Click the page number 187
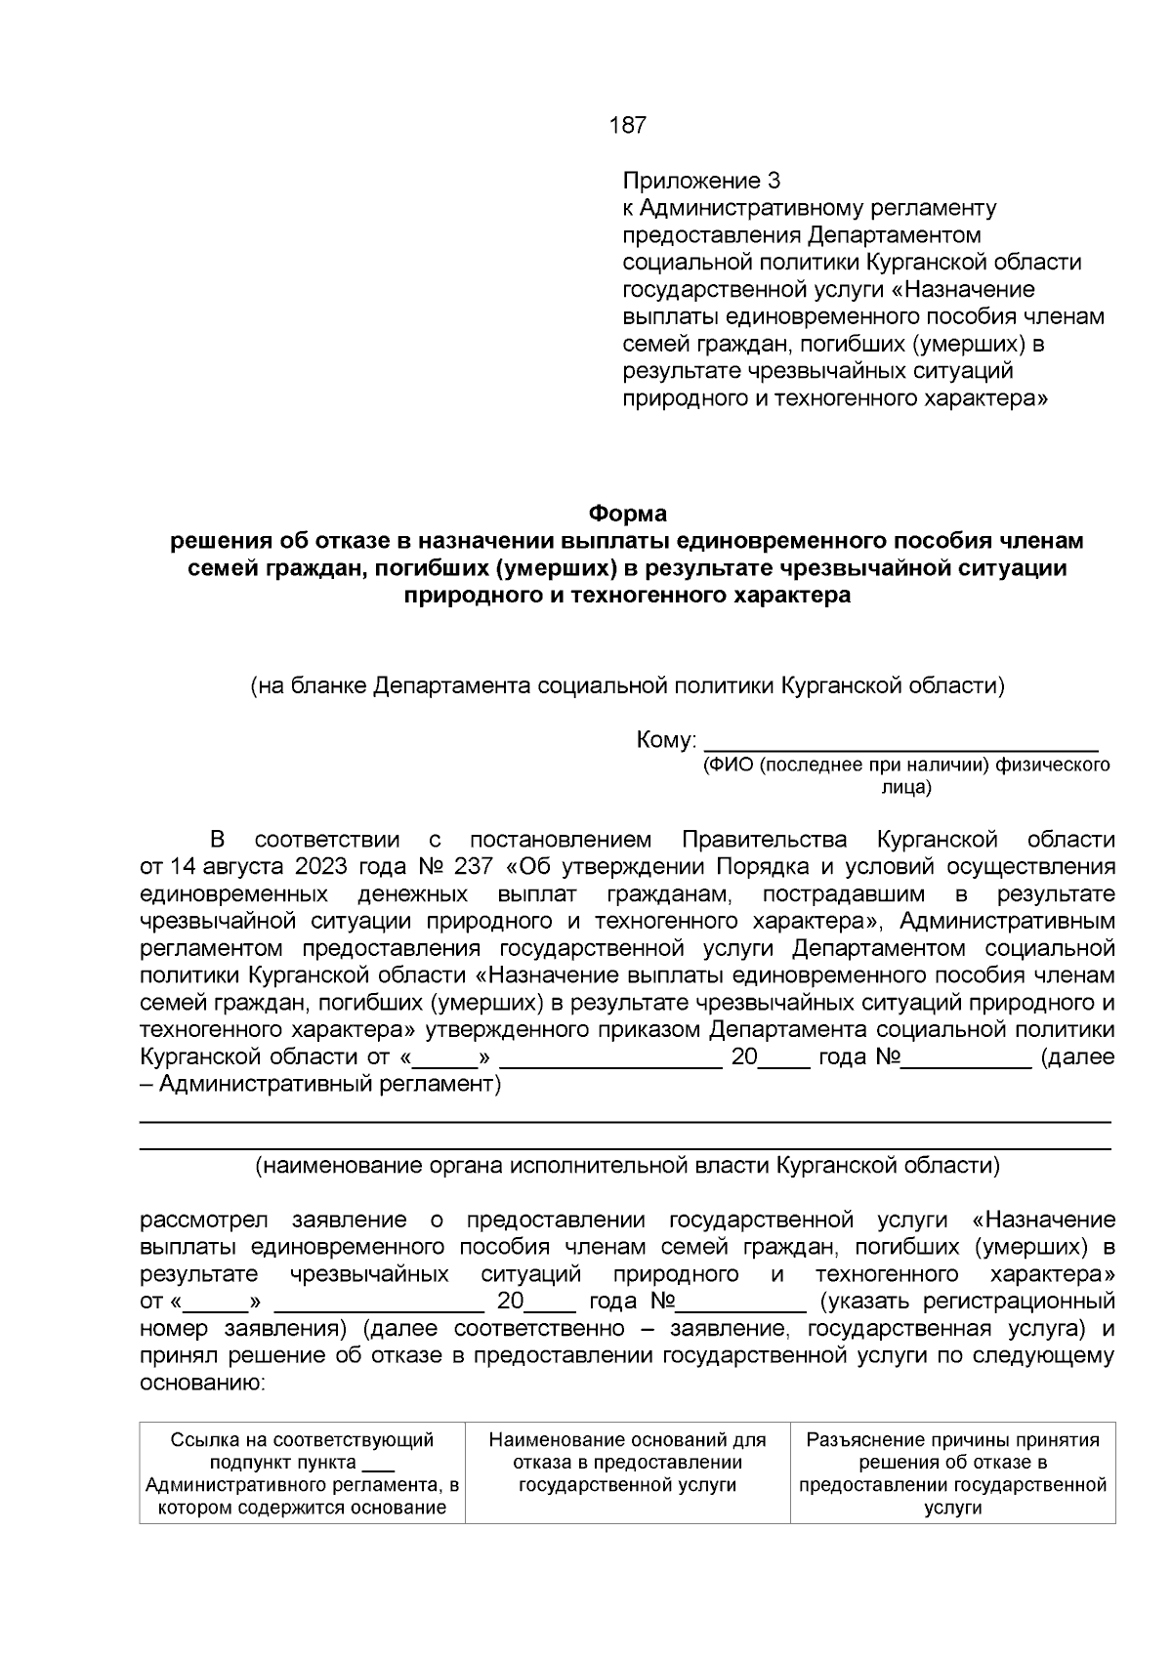point(627,126)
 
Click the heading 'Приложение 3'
point(701,181)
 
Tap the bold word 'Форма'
point(627,513)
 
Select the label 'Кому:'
point(665,740)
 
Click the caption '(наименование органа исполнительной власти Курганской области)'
point(627,1165)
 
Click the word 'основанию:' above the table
point(202,1383)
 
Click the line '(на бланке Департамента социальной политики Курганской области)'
point(627,685)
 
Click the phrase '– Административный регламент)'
point(319,1085)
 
